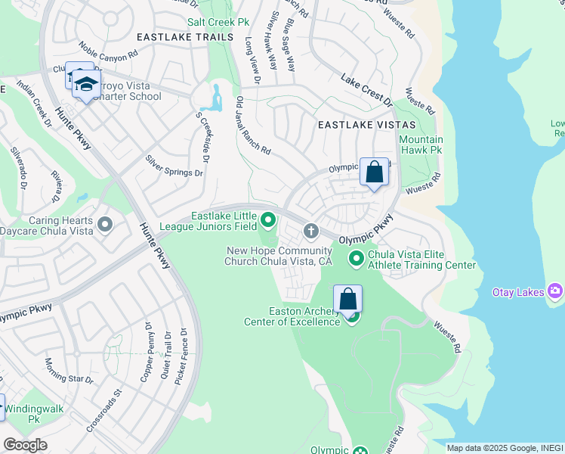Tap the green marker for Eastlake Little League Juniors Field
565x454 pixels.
pos(268,221)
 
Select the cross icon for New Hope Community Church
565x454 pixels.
pos(310,230)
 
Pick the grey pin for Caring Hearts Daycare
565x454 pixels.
pos(104,225)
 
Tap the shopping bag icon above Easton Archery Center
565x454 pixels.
pos(348,299)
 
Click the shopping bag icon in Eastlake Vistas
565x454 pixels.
pos(374,173)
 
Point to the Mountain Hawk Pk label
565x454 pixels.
pos(421,145)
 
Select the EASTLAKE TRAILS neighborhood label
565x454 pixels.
pos(174,36)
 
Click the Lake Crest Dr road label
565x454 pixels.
pos(367,90)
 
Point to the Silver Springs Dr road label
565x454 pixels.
pos(174,166)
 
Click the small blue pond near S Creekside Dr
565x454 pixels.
pos(213,99)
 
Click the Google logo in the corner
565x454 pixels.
pos(25,445)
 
